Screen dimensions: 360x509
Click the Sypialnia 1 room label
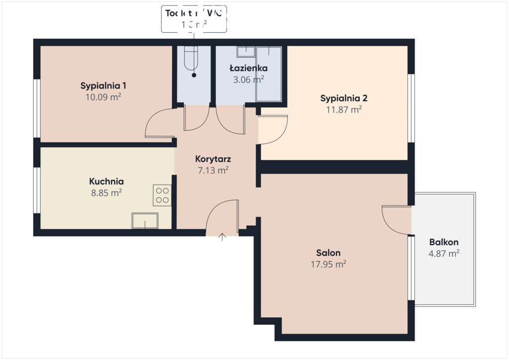pos(103,86)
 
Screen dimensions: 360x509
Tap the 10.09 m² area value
pos(103,97)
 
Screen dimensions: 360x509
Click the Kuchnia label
pos(106,181)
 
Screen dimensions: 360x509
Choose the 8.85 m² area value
pos(106,193)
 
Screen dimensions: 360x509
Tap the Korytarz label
pos(213,160)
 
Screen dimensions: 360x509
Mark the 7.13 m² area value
pos(213,171)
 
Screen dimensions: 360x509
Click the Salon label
pos(328,253)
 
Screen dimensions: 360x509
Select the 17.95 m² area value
pos(328,264)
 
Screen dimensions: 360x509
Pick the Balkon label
pos(444,242)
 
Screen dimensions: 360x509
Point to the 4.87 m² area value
pos(444,254)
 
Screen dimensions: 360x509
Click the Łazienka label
pos(249,68)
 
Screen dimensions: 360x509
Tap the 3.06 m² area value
pos(249,79)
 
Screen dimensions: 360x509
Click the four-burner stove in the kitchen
pos(162,195)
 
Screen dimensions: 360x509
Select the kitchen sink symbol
pos(145,221)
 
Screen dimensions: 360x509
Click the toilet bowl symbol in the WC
pos(190,59)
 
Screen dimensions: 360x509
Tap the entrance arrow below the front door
pos(222,237)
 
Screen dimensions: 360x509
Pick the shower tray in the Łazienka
pos(268,75)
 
